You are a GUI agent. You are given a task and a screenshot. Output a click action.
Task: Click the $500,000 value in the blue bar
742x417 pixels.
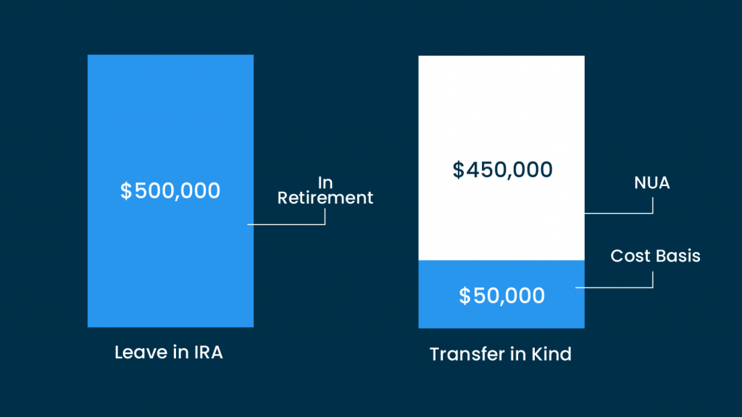(170, 190)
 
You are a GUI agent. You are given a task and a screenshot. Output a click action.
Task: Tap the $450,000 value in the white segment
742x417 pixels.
(502, 169)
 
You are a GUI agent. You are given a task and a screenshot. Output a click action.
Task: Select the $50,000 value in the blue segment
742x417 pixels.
(501, 295)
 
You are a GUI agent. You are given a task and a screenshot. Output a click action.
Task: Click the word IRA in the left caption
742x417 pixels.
(208, 353)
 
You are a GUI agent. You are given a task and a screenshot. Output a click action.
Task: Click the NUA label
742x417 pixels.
(651, 183)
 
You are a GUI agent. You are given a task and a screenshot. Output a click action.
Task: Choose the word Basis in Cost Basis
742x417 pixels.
(678, 256)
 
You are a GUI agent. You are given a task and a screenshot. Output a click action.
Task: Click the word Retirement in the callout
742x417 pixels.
(325, 198)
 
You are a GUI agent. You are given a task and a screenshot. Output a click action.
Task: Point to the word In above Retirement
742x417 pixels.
(325, 182)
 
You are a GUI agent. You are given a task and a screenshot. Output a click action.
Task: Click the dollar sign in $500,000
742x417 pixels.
(126, 191)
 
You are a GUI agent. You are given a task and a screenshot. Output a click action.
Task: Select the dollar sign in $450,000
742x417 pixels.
(458, 169)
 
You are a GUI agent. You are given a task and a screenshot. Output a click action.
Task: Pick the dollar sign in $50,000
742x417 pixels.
(464, 296)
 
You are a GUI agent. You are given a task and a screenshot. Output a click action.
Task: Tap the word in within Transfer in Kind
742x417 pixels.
(520, 354)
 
